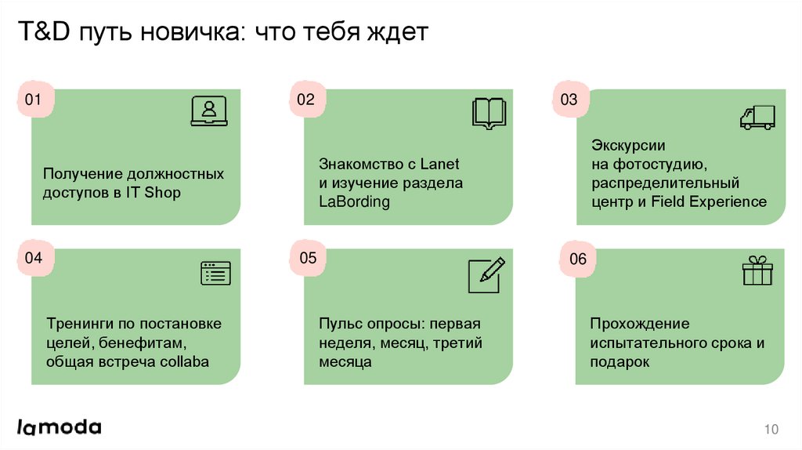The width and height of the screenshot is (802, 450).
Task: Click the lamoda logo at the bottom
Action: (x=60, y=427)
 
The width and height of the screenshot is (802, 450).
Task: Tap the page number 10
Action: (x=771, y=429)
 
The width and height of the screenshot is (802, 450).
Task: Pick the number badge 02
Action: (x=305, y=100)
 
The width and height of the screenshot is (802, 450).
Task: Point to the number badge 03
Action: (x=569, y=100)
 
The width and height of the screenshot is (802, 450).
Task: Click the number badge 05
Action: (x=308, y=258)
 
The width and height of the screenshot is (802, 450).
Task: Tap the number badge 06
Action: (x=578, y=259)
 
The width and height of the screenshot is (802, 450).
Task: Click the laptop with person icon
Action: (x=208, y=111)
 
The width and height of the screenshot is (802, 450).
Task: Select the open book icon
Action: (x=490, y=113)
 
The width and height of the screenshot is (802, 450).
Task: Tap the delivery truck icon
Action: (x=757, y=117)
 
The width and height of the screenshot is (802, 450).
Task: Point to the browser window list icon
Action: (x=216, y=273)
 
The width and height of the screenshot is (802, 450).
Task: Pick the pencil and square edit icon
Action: (x=485, y=275)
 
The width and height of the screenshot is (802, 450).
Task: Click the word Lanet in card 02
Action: (x=440, y=165)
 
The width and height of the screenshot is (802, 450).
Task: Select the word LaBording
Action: (x=354, y=201)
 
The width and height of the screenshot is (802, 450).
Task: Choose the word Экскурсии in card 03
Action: (x=628, y=146)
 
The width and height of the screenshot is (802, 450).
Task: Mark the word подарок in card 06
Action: (x=620, y=361)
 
